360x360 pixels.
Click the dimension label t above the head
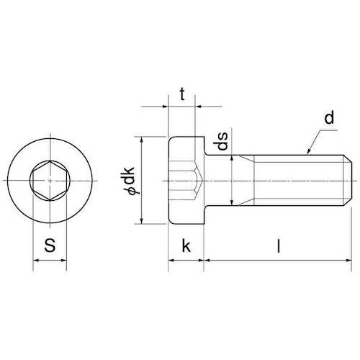(x=182, y=94)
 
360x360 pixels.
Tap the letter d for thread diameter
(x=329, y=118)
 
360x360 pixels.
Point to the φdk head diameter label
(x=129, y=180)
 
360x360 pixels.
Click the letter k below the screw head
(x=186, y=246)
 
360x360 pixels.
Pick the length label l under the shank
(x=279, y=246)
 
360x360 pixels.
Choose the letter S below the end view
(x=50, y=246)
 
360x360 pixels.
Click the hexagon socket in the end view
(x=50, y=181)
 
